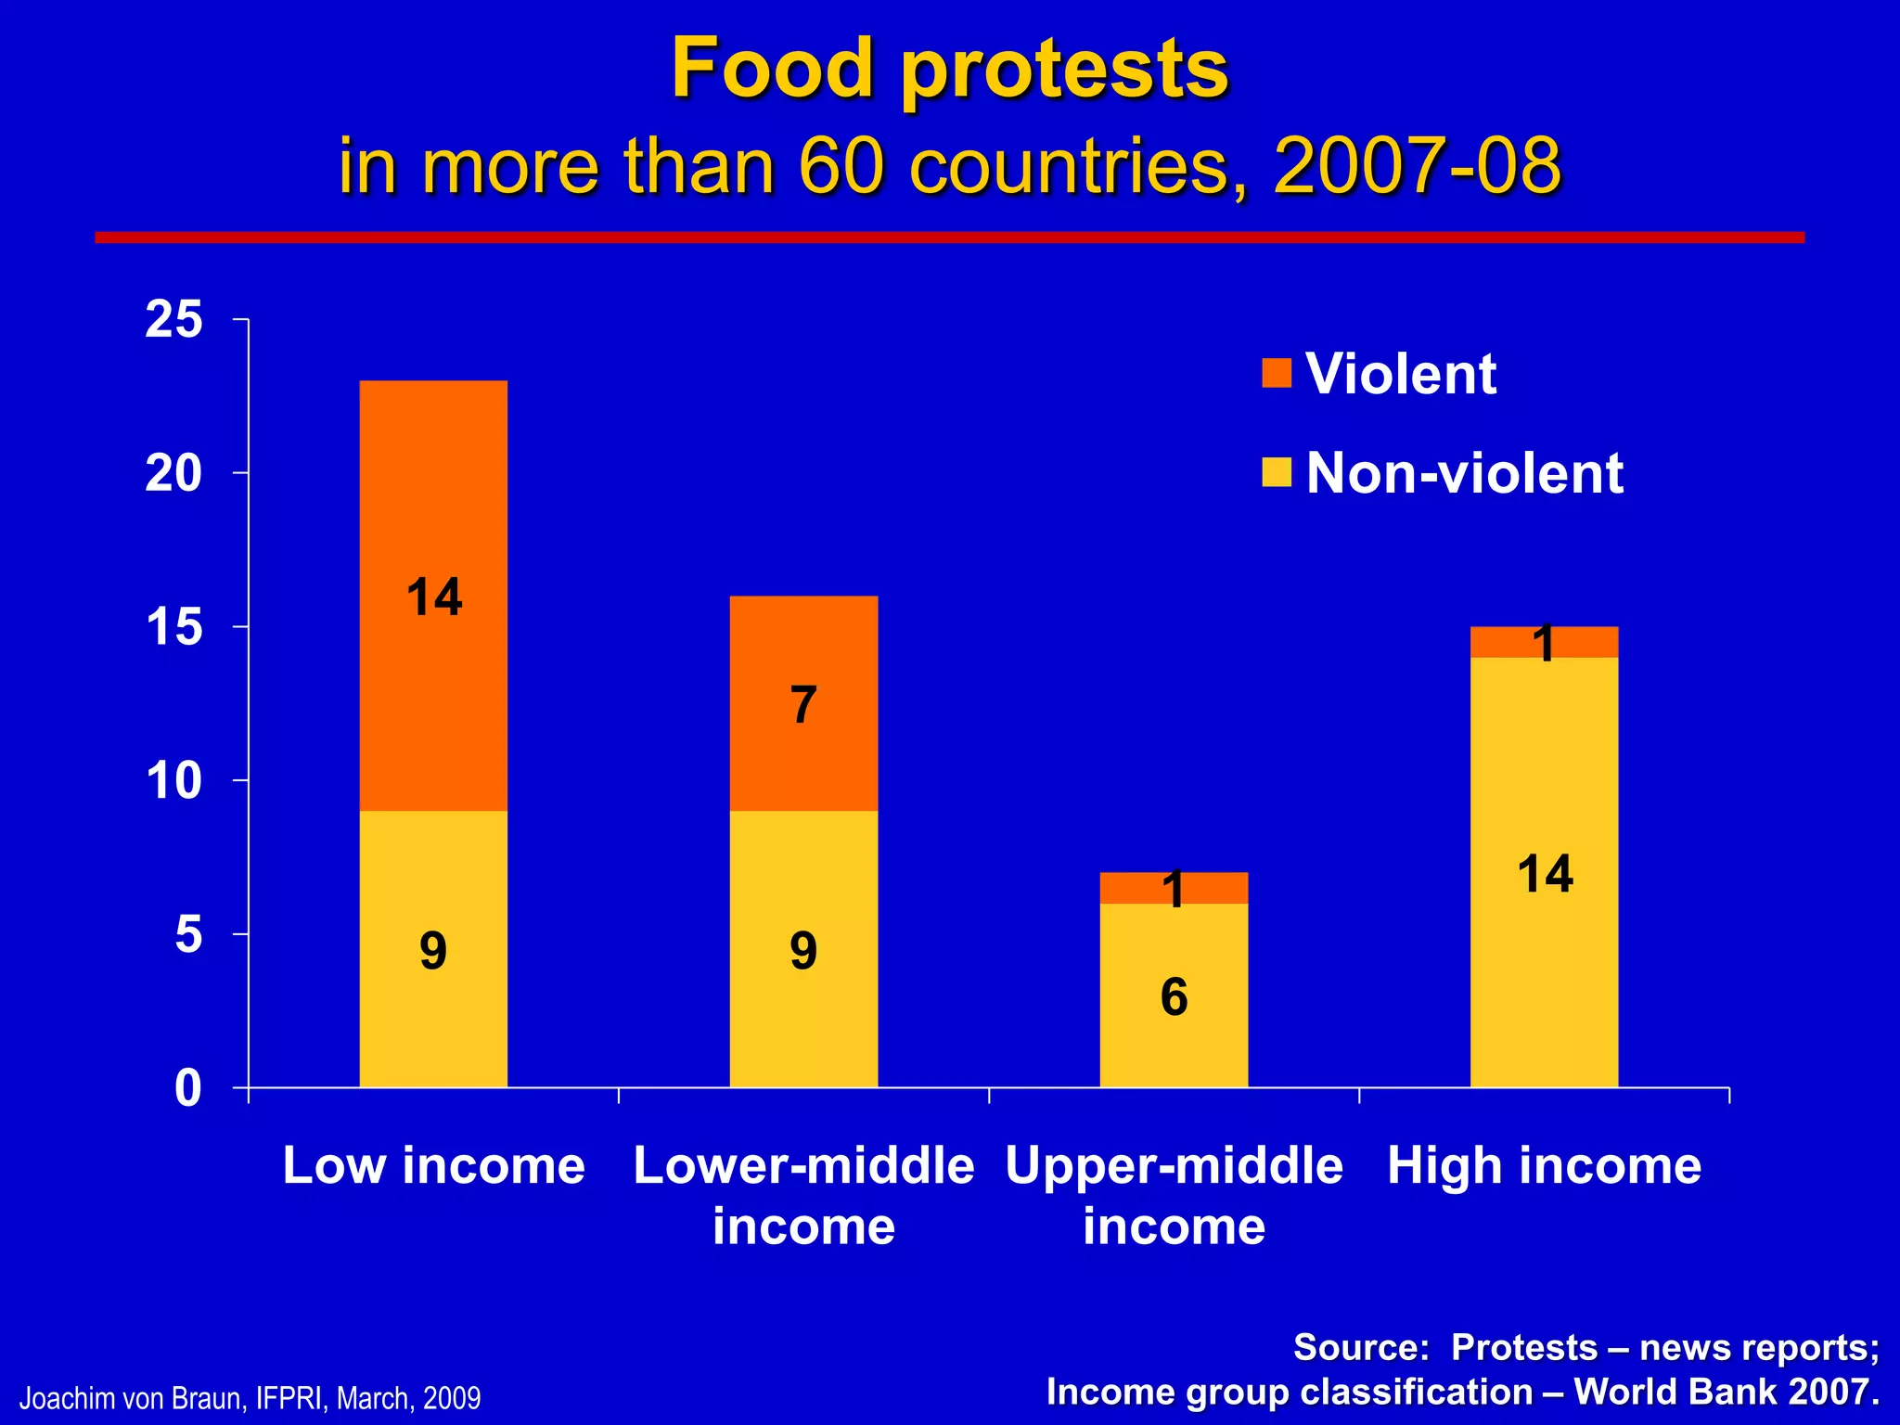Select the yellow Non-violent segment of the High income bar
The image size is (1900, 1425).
point(1544,974)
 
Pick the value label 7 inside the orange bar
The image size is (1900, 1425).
point(803,705)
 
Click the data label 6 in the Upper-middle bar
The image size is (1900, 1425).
point(1174,997)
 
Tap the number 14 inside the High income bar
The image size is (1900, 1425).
point(1545,874)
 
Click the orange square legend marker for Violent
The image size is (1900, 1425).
point(1277,373)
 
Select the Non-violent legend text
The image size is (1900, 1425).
point(1464,473)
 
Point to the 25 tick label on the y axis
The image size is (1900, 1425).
point(173,320)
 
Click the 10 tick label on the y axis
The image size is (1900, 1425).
point(173,780)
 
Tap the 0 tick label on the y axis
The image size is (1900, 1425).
point(187,1087)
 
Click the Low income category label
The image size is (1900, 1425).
point(433,1165)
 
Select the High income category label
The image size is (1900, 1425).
point(1544,1165)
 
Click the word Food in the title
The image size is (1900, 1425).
point(772,69)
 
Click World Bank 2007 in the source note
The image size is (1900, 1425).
point(1726,1393)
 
